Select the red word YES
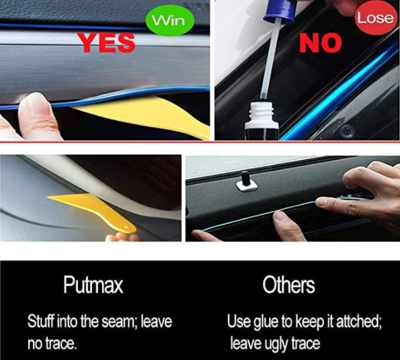point(106,43)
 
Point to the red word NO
point(321,43)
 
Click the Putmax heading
point(93,285)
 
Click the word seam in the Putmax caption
point(135,322)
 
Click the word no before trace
point(35,345)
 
